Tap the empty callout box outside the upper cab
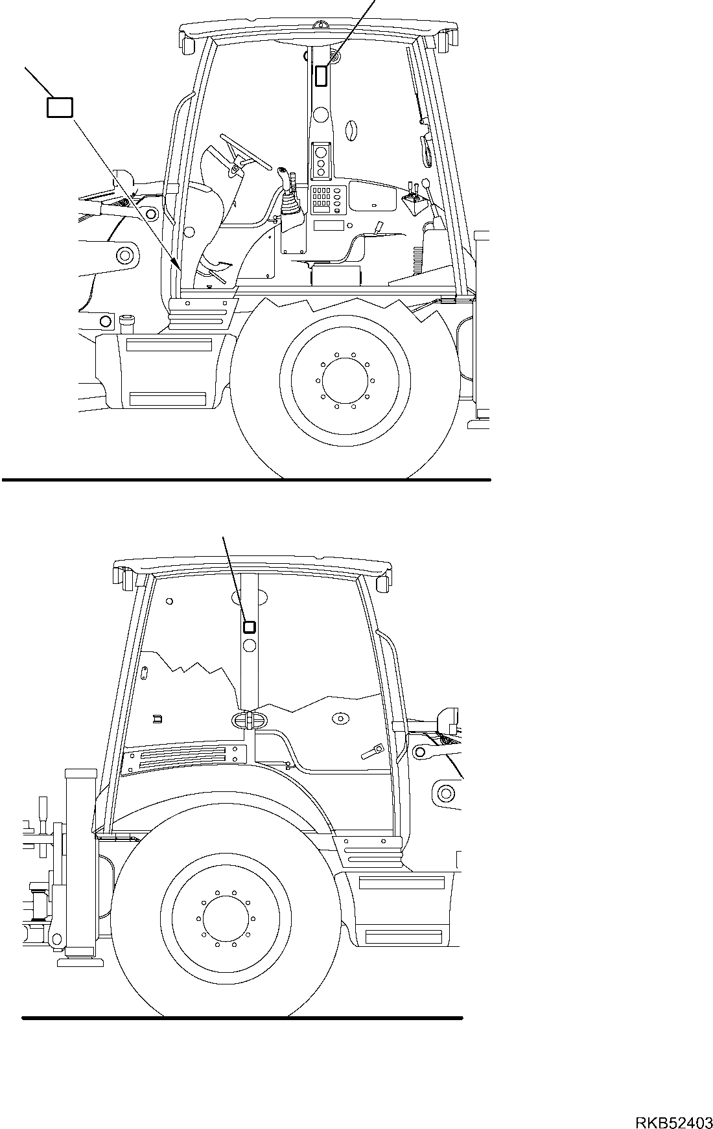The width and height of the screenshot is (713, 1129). pos(60,107)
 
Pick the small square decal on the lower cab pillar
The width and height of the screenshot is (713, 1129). pos(250,627)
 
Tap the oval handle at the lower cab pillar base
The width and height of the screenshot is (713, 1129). pos(248,720)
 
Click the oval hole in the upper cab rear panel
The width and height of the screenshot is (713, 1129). pos(350,131)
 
